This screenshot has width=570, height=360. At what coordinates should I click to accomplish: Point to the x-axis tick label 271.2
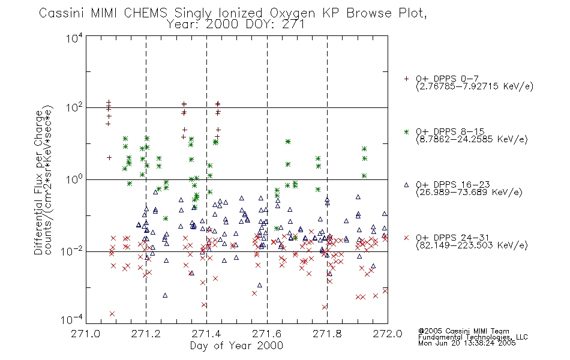click(x=146, y=334)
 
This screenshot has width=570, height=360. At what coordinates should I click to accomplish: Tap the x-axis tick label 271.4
click(x=206, y=334)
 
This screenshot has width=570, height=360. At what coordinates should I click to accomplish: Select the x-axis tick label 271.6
click(x=267, y=334)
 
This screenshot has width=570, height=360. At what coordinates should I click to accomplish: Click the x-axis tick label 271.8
click(x=327, y=334)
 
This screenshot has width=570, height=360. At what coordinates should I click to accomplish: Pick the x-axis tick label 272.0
click(x=388, y=334)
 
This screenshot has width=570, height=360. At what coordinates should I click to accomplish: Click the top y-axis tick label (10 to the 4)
click(x=74, y=38)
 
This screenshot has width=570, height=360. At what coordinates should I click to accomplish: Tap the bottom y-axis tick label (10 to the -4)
click(x=72, y=319)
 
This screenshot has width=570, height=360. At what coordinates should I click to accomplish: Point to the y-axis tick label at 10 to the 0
click(x=74, y=179)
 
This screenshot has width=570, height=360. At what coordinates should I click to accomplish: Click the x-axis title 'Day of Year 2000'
click(x=236, y=346)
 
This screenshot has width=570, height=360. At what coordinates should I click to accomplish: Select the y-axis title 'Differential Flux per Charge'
click(x=38, y=182)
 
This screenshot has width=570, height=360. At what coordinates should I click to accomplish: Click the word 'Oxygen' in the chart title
click(x=292, y=13)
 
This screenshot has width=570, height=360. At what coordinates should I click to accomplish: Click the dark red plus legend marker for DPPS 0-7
click(x=406, y=79)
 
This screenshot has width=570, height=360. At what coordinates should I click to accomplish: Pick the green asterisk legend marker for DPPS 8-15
click(x=406, y=131)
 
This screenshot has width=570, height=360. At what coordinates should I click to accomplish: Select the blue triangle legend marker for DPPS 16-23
click(x=406, y=185)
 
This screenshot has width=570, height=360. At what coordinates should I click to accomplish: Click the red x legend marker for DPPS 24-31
click(x=406, y=238)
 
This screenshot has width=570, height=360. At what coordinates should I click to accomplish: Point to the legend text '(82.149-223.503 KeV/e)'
click(x=472, y=245)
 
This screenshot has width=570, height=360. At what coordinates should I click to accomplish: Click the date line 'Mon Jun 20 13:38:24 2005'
click(x=467, y=343)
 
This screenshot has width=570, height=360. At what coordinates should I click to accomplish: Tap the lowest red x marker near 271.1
click(x=112, y=314)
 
